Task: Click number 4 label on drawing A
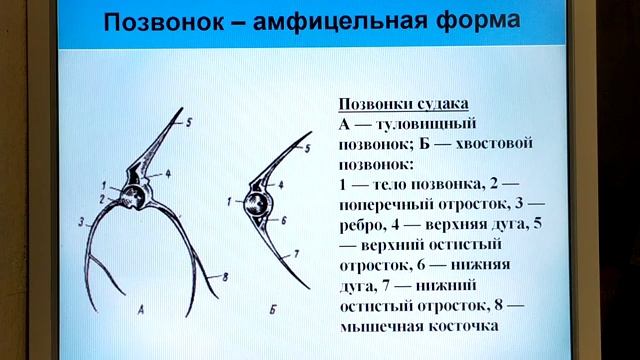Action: (168, 173)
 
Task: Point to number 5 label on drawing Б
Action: (308, 147)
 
